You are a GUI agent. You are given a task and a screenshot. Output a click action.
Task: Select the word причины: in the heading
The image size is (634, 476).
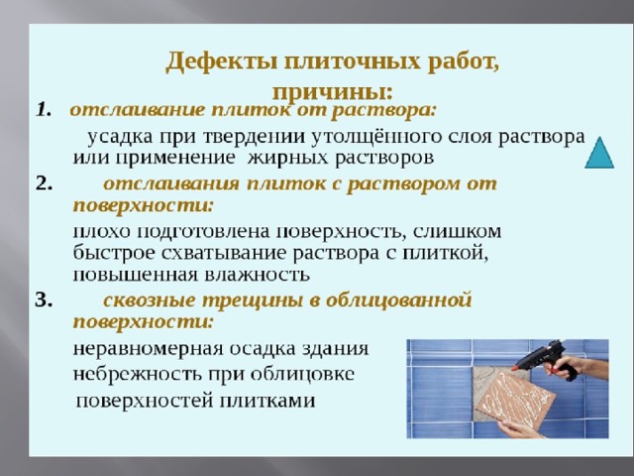(333, 92)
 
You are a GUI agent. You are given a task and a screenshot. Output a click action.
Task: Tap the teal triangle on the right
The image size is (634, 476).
(599, 153)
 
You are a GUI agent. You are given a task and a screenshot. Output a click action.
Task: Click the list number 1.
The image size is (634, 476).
(44, 110)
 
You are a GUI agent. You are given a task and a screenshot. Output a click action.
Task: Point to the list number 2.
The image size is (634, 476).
(44, 183)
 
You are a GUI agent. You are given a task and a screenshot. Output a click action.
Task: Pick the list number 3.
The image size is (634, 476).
(44, 300)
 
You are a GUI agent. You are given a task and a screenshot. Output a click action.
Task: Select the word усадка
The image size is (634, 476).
(120, 138)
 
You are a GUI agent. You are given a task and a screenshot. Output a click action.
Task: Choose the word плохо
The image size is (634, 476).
(102, 232)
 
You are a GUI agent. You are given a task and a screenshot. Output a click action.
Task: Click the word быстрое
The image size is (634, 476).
(114, 254)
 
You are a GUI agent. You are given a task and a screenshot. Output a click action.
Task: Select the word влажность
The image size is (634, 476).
(258, 276)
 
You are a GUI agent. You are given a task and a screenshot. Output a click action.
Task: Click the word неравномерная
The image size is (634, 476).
(148, 349)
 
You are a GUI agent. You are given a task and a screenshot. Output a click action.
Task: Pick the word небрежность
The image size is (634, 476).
(137, 375)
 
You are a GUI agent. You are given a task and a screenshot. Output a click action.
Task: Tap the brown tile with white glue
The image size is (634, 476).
(513, 399)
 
